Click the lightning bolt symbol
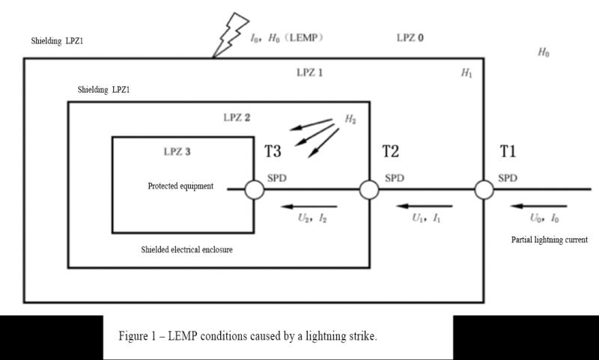pyautogui.click(x=230, y=35)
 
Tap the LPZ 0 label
pyautogui.click(x=410, y=37)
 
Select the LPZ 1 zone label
pyautogui.click(x=310, y=73)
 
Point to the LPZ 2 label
pyautogui.click(x=237, y=118)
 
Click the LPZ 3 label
pyautogui.click(x=177, y=151)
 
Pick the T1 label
pyautogui.click(x=508, y=151)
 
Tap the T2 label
pyautogui.click(x=390, y=151)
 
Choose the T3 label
pyautogui.click(x=273, y=151)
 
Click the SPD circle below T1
pyautogui.click(x=484, y=190)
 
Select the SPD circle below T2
pyautogui.click(x=369, y=190)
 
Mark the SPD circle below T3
pyautogui.click(x=255, y=190)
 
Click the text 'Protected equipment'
pyautogui.click(x=180, y=186)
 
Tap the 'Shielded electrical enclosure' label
pyautogui.click(x=186, y=250)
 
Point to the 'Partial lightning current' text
pyautogui.click(x=550, y=240)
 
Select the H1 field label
pyautogui.click(x=466, y=73)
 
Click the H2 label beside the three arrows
pyautogui.click(x=350, y=119)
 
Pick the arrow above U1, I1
pyautogui.click(x=425, y=207)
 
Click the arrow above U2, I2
pyautogui.click(x=309, y=207)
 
